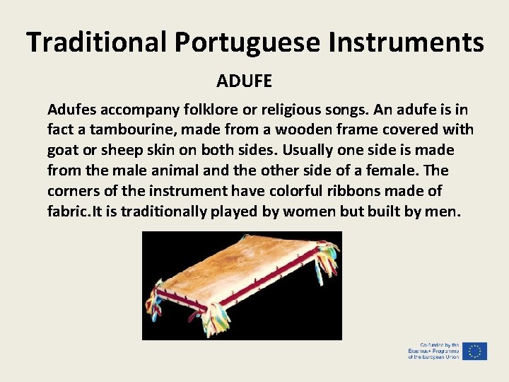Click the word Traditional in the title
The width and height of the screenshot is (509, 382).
tap(97, 42)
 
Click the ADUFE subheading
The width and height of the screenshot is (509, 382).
tap(244, 81)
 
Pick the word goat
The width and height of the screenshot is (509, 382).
tap(62, 151)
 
